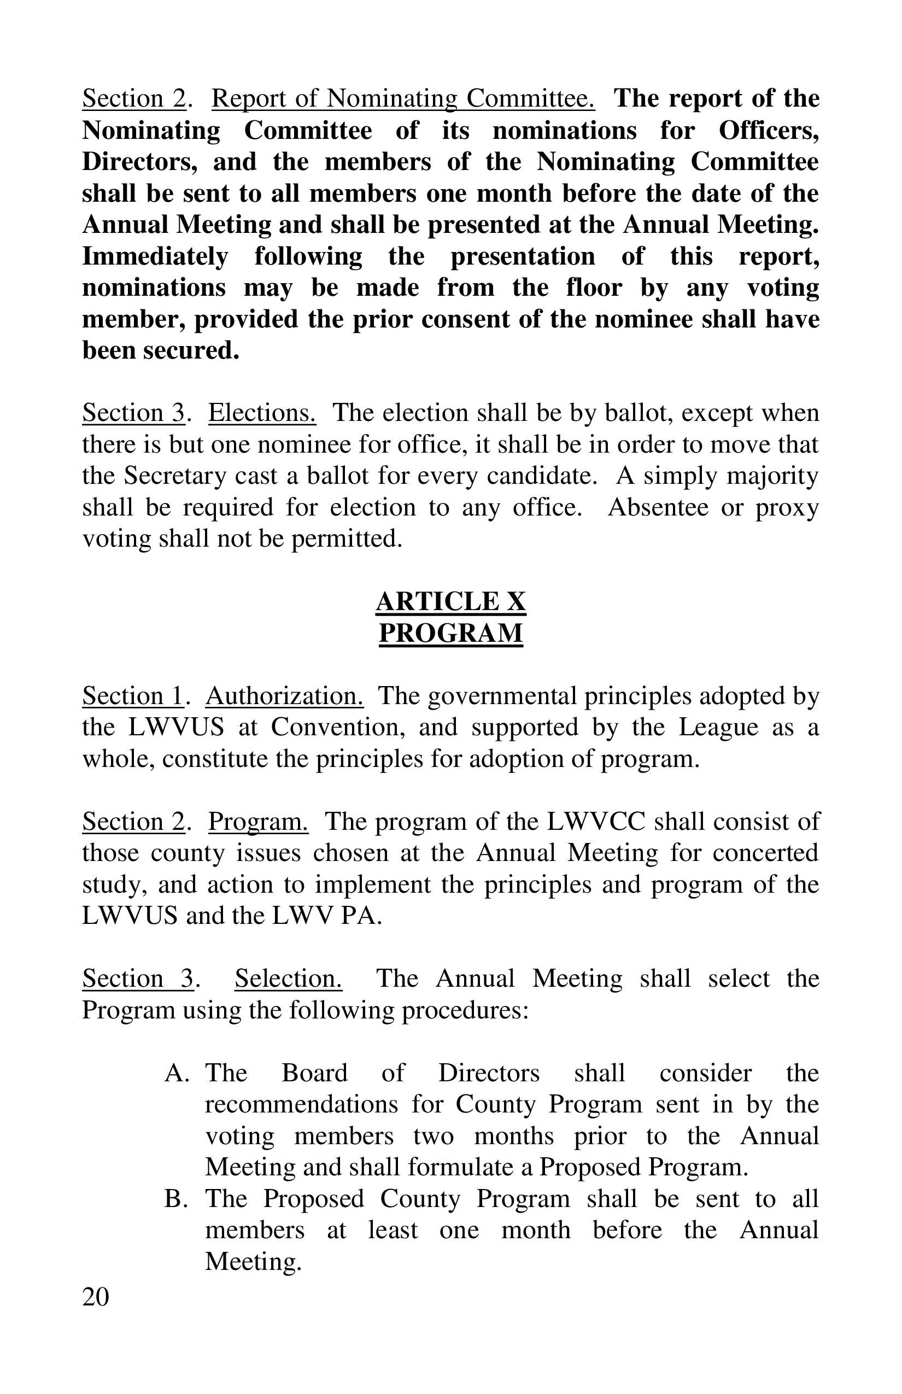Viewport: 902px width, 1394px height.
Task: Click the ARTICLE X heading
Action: point(450,601)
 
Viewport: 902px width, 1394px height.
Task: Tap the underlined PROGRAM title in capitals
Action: point(450,633)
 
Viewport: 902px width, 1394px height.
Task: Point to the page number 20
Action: point(96,1298)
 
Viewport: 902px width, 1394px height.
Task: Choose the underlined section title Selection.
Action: point(288,979)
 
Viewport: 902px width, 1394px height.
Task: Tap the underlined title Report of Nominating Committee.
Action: point(403,98)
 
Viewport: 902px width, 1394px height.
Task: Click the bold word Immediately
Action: point(155,256)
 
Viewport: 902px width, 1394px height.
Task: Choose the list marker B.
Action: point(175,1199)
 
